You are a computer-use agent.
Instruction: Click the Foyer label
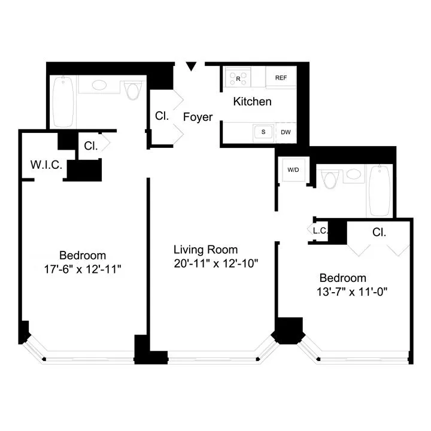point(198,117)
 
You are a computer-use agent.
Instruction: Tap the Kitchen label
point(252,102)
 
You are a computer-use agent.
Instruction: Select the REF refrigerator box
point(281,78)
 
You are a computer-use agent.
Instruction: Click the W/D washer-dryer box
point(293,170)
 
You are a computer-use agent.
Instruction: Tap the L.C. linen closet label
point(318,230)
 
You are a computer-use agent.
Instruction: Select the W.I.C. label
point(46,165)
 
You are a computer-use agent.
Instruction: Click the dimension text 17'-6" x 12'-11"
point(83,269)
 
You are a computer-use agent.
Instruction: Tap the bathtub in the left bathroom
point(63,99)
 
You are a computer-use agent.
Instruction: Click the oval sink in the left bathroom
point(100,85)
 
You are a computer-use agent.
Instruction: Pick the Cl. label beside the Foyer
point(162,116)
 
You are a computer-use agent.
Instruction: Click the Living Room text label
point(205,250)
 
